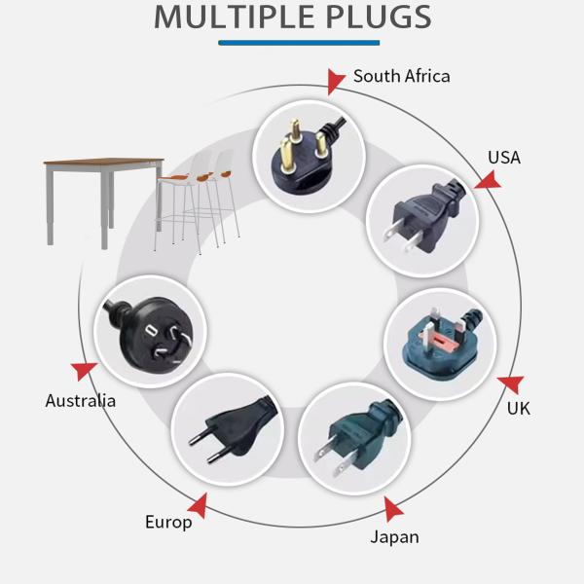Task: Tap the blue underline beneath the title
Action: point(299,42)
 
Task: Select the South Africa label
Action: point(401,76)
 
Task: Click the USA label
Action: point(503,157)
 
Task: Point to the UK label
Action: point(518,408)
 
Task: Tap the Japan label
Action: point(394,536)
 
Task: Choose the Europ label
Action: point(168,522)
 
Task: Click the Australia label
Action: point(80,400)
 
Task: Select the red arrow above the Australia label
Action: point(85,371)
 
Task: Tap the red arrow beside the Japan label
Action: point(392,508)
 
